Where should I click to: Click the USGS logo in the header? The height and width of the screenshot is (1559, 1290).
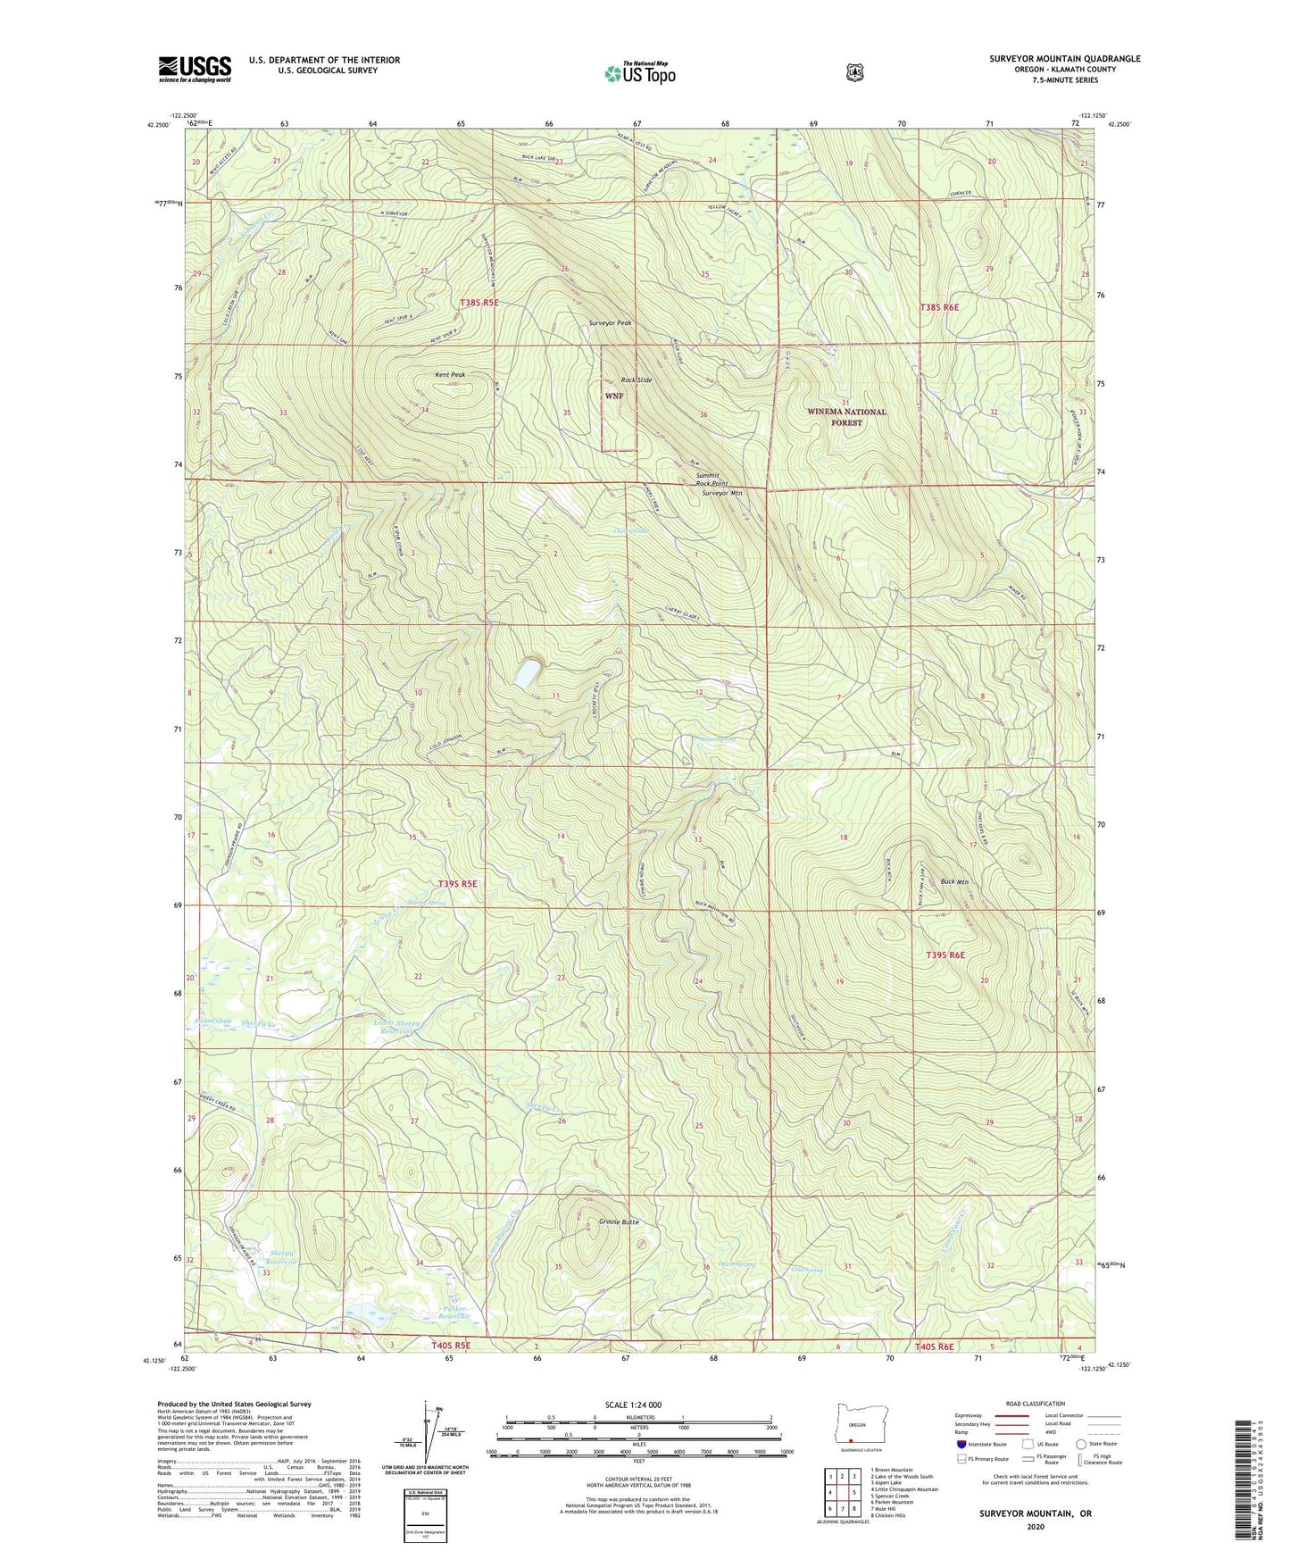(x=195, y=69)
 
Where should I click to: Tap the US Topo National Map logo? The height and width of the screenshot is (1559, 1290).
(x=638, y=73)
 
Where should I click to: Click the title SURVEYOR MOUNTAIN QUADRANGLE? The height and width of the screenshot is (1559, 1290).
(x=1064, y=59)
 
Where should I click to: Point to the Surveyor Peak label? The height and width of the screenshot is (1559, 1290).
(x=611, y=323)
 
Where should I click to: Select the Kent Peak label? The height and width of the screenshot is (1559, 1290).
(x=450, y=375)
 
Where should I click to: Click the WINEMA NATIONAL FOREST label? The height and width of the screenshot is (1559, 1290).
(x=846, y=417)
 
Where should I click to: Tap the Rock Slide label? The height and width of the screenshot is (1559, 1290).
(x=637, y=380)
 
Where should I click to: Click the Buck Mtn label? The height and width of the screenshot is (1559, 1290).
(x=954, y=882)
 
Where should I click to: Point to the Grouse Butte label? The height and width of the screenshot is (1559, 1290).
(x=619, y=1221)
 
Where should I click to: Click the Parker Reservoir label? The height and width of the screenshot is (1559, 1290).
(x=454, y=1313)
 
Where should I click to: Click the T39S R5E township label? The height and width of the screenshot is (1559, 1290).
(x=457, y=884)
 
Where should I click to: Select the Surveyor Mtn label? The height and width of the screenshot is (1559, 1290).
(x=721, y=493)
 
